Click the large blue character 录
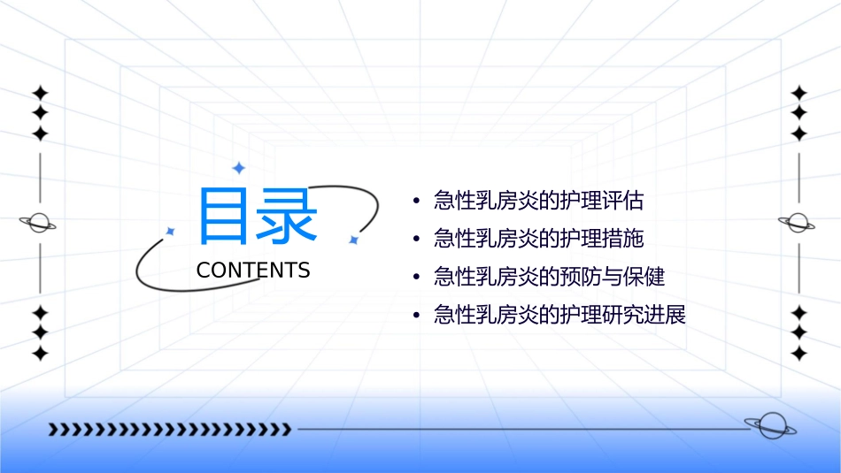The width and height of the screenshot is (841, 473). click(288, 216)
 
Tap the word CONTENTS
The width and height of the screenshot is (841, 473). click(253, 271)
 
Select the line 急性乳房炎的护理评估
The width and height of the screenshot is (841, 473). click(538, 200)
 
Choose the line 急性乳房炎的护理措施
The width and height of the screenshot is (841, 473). click(538, 238)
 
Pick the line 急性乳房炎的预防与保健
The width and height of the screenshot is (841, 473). click(549, 277)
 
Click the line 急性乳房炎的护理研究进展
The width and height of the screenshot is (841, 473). click(559, 315)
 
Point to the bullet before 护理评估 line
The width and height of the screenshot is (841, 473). click(416, 201)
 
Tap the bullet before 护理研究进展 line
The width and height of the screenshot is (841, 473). click(416, 316)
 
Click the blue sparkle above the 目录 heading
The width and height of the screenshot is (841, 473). click(238, 168)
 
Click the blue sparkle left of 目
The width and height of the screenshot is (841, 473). click(170, 231)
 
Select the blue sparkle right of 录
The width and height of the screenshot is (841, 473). click(352, 240)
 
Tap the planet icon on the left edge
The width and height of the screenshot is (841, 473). click(39, 223)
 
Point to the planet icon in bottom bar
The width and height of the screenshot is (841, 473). click(769, 426)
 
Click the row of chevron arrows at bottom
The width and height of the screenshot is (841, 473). click(170, 430)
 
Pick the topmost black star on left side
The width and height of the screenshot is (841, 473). click(40, 93)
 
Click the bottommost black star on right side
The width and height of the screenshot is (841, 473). click(799, 354)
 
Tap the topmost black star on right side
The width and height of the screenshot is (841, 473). click(799, 93)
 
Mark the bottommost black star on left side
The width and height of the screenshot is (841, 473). click(40, 354)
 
